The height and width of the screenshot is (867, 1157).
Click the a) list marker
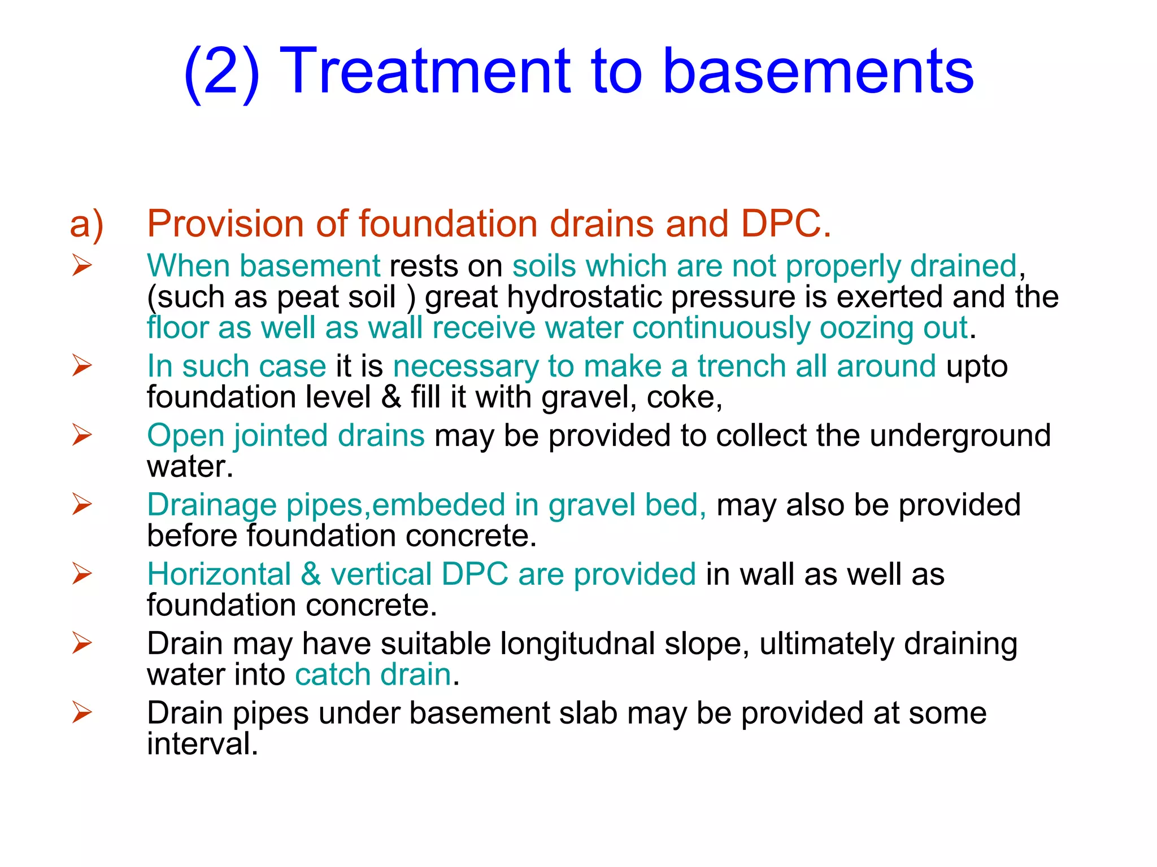86,224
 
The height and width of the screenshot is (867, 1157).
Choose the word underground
960,436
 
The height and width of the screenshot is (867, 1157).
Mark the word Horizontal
219,575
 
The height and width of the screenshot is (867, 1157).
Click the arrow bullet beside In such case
82,366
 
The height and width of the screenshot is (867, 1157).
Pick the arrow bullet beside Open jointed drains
82,435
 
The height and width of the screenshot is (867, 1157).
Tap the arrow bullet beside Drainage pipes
82,505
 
